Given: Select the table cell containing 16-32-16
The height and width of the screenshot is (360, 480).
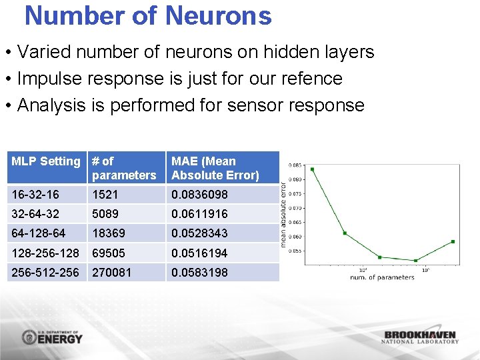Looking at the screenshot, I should (x=35, y=195).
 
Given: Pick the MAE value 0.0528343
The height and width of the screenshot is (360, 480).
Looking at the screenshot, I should (x=199, y=233).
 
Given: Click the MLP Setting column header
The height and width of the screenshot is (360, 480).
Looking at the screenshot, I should (x=45, y=161).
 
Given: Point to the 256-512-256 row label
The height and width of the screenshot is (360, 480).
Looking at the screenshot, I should (x=45, y=273).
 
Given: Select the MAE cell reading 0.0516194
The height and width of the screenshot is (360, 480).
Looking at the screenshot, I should (x=199, y=253).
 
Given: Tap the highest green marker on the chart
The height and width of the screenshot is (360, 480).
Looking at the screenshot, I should (x=312, y=169).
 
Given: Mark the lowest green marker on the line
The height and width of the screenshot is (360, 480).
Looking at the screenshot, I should (x=415, y=261).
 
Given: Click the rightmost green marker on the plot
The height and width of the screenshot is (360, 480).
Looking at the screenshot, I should (x=453, y=241).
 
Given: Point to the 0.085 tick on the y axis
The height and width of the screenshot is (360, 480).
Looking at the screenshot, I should (x=294, y=165).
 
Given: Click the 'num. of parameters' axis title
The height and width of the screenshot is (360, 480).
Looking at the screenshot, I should (x=382, y=277).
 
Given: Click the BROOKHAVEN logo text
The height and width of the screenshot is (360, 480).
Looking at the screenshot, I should (x=420, y=335).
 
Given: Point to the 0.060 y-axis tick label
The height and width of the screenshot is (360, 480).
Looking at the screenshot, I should (x=294, y=237).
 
